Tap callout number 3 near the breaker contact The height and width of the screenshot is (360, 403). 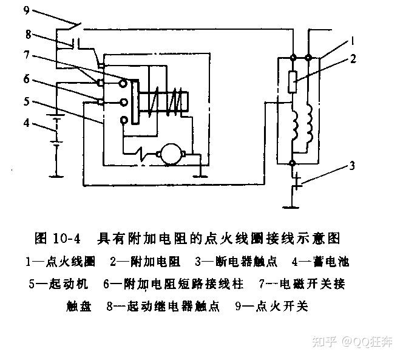351,165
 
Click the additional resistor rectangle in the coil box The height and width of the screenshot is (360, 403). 293,81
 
